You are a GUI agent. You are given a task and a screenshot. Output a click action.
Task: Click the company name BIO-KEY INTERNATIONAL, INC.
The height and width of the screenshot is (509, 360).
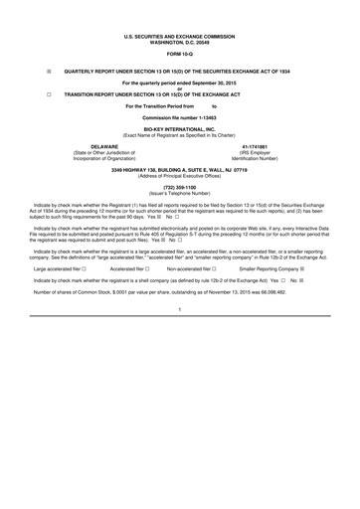coord(180,130)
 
